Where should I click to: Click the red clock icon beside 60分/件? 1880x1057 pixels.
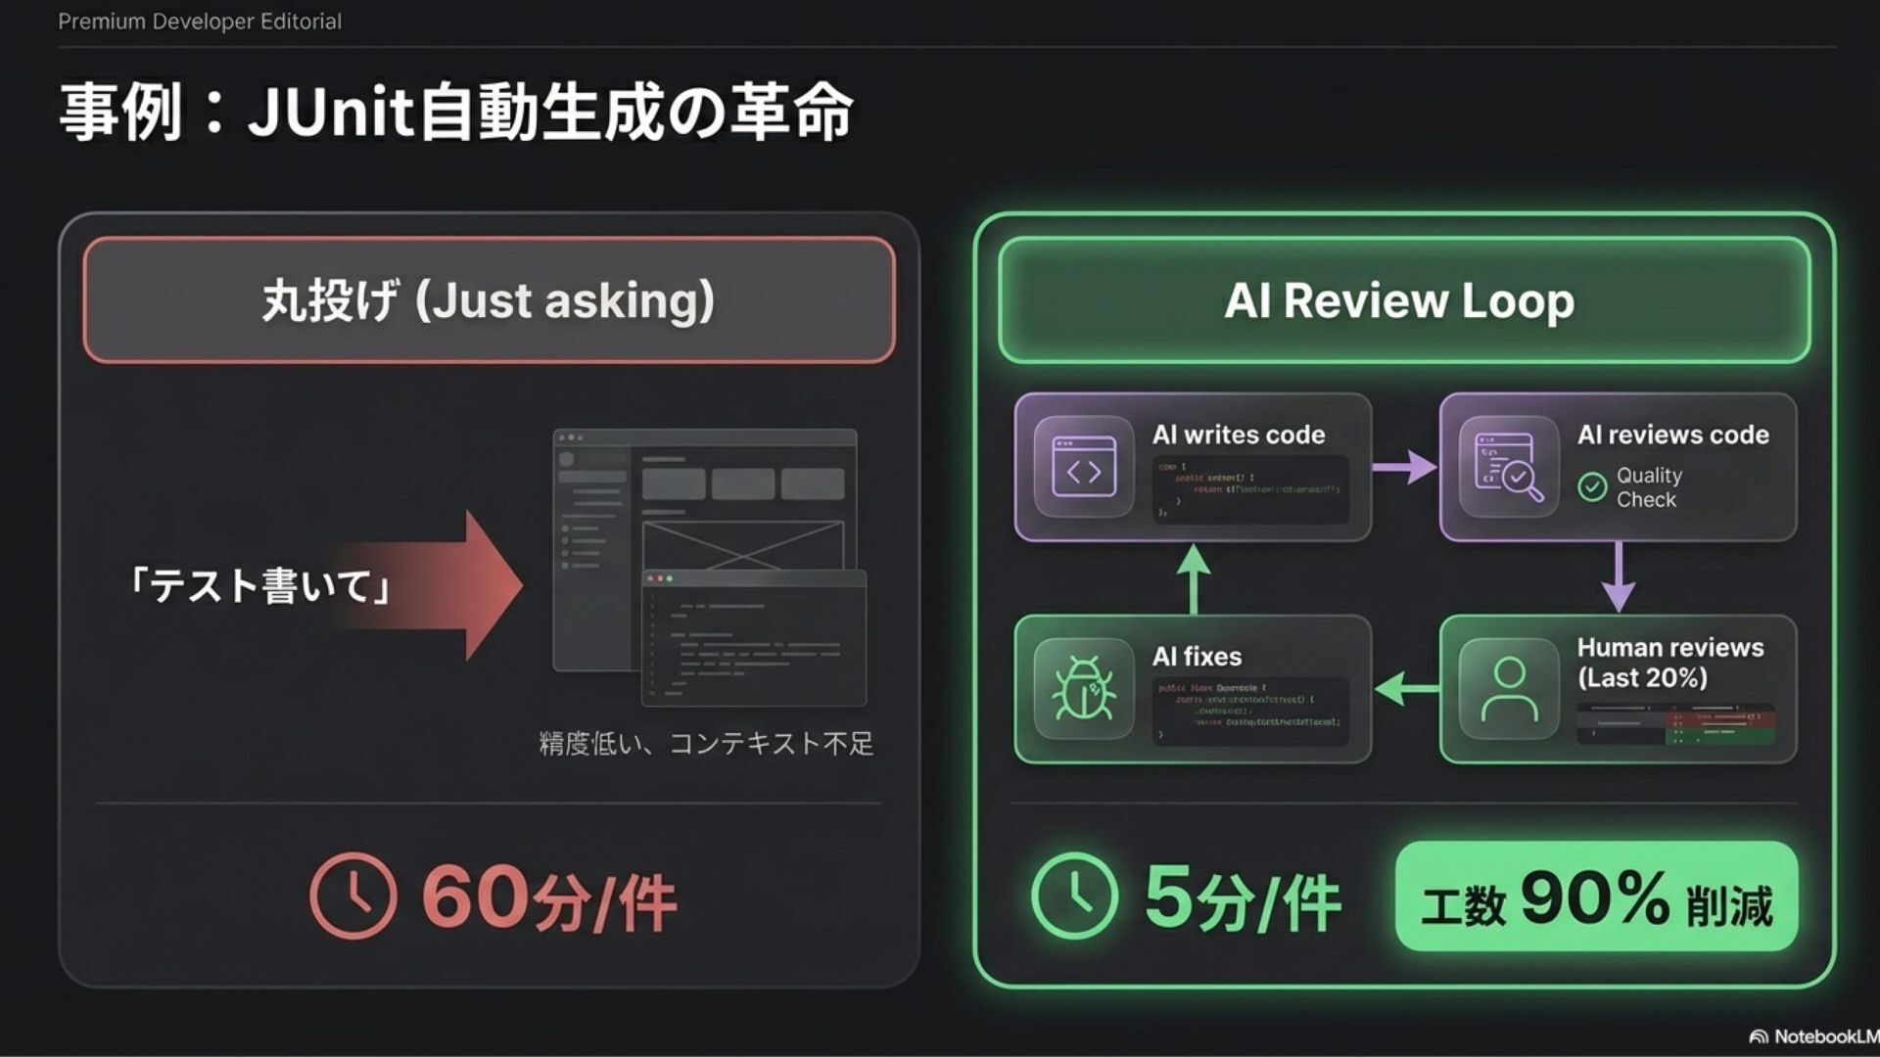pos(353,896)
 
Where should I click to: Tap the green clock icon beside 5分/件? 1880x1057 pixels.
pos(1074,896)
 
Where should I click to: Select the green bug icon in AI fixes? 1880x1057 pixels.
pos(1083,689)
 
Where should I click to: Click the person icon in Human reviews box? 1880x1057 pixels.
pos(1509,689)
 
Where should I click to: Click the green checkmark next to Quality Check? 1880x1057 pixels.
pos(1592,486)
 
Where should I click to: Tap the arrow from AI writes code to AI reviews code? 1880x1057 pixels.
pos(1405,467)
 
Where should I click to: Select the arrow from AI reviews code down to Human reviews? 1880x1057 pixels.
pos(1618,577)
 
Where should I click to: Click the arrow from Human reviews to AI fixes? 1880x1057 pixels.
pos(1405,689)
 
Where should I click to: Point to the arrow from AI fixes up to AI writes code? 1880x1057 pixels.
pos(1193,577)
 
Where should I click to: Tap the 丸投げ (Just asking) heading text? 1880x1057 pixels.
pos(489,300)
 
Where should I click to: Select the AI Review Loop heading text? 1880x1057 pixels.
pos(1399,300)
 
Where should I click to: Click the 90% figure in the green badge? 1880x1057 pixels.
pos(1595,897)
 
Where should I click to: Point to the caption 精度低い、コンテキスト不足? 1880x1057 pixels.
pos(706,744)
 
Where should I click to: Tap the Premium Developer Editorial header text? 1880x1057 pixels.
pos(200,22)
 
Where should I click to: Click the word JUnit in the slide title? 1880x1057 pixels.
pos(332,113)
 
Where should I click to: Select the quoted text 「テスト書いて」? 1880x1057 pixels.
pos(260,586)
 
